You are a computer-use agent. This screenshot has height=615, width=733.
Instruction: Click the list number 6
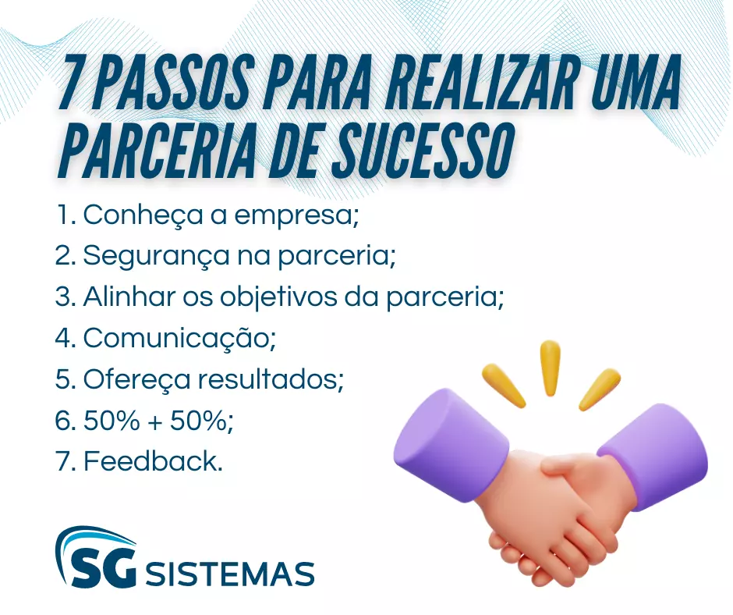(62, 421)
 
